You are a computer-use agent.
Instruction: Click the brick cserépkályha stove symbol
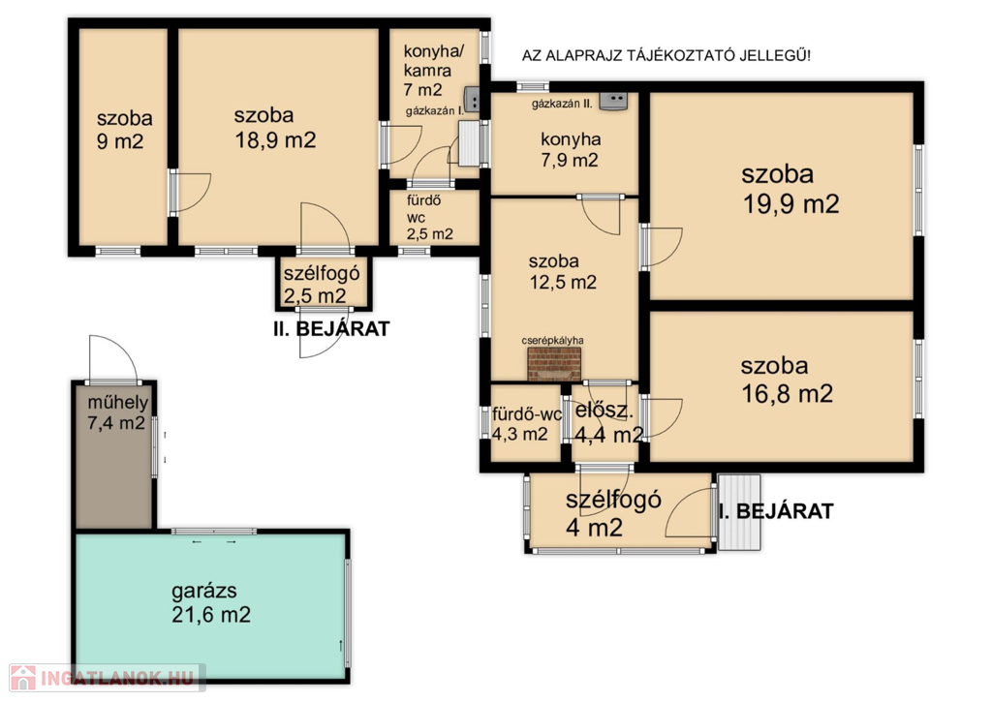[554, 365]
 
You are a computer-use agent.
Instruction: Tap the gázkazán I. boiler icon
[472, 100]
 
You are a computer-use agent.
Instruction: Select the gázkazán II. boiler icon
[613, 100]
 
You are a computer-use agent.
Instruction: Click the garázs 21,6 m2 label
[210, 602]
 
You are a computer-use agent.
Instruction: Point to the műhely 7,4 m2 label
[117, 412]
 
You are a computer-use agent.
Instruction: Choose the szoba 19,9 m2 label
[790, 189]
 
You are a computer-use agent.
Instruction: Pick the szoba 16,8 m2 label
[787, 381]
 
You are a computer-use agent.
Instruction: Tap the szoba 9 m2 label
[123, 130]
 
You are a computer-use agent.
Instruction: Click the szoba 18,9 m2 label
[274, 128]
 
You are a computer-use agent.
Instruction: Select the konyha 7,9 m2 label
[570, 150]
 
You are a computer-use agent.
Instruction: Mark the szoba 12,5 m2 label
[563, 271]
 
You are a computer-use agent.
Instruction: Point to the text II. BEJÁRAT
[331, 329]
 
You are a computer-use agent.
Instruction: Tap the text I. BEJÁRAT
[777, 511]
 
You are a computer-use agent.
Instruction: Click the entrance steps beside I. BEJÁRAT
[739, 512]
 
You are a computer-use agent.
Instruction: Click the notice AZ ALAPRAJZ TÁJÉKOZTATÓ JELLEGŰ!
[666, 55]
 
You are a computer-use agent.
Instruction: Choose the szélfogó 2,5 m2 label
[321, 285]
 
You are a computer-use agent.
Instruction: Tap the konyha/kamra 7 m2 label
[428, 70]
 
